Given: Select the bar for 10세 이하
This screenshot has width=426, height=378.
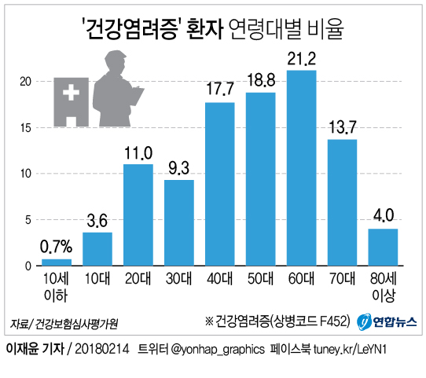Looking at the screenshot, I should click(x=57, y=262).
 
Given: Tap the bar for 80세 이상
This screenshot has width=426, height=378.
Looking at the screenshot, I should click(x=383, y=247).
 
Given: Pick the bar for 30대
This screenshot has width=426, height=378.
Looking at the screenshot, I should click(x=179, y=222).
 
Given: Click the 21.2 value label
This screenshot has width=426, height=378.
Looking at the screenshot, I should click(x=302, y=58).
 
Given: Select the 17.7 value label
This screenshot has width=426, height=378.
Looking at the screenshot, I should click(x=220, y=90).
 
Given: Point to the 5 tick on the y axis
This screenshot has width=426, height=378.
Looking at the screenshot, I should click(x=28, y=220).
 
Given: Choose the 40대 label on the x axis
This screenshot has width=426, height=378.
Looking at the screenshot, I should click(x=220, y=279).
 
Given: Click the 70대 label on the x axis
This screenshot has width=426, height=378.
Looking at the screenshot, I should click(x=343, y=279).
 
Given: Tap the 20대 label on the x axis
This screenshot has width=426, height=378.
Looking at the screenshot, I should click(x=138, y=279).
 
